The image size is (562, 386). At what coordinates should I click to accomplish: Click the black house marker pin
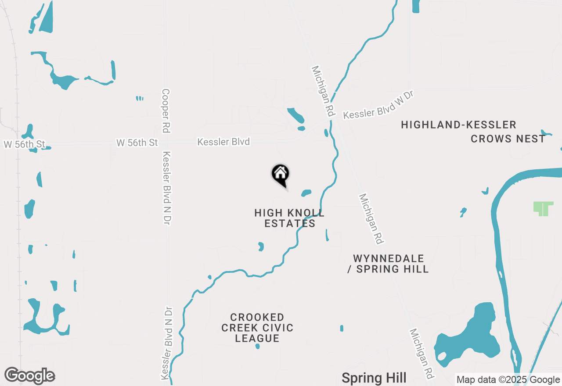(281, 175)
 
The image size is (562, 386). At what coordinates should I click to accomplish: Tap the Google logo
(29, 375)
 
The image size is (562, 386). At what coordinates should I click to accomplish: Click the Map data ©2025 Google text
(508, 380)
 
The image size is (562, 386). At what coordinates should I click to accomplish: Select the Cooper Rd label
(166, 111)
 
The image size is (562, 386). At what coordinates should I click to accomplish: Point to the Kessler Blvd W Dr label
(378, 105)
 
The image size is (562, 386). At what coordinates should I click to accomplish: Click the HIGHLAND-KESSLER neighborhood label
(458, 125)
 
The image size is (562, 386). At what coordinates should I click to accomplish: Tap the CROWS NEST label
(508, 139)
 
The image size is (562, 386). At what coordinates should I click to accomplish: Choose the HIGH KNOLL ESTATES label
(289, 218)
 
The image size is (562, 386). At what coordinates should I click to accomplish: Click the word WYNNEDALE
(389, 258)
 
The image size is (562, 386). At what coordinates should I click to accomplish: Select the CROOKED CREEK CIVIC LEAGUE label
(257, 328)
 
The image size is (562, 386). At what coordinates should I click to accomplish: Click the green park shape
(544, 208)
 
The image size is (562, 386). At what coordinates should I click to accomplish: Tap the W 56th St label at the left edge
(25, 144)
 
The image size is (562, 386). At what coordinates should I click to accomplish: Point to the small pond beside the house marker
(306, 193)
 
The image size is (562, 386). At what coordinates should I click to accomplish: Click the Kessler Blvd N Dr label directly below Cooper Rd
(167, 189)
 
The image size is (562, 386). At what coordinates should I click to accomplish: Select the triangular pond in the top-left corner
(47, 18)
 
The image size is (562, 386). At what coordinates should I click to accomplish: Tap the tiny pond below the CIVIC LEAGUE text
(258, 347)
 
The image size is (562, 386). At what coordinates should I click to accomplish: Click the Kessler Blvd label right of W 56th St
(223, 142)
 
